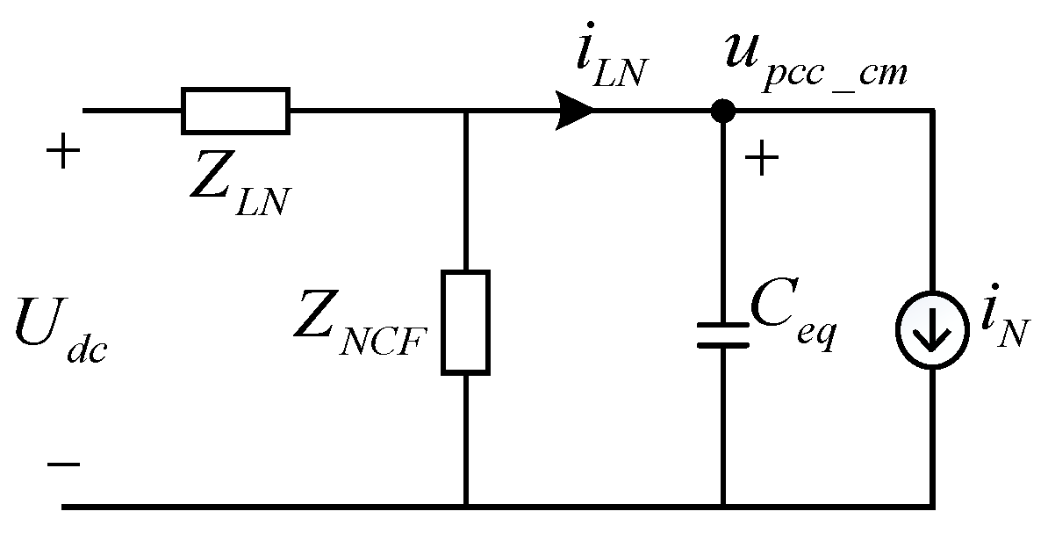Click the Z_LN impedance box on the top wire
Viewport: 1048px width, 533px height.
(235, 111)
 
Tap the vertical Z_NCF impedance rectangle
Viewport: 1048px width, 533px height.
(465, 321)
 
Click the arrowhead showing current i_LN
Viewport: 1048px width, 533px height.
(576, 111)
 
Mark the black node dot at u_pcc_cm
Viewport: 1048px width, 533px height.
(722, 111)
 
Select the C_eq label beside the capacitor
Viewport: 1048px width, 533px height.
(789, 326)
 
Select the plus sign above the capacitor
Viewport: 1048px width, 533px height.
(761, 160)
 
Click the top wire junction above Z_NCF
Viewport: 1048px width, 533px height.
(465, 111)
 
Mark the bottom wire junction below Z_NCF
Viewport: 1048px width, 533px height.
(465, 507)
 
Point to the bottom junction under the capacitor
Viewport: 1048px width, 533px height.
(723, 507)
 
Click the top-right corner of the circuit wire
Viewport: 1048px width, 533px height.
(931, 111)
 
